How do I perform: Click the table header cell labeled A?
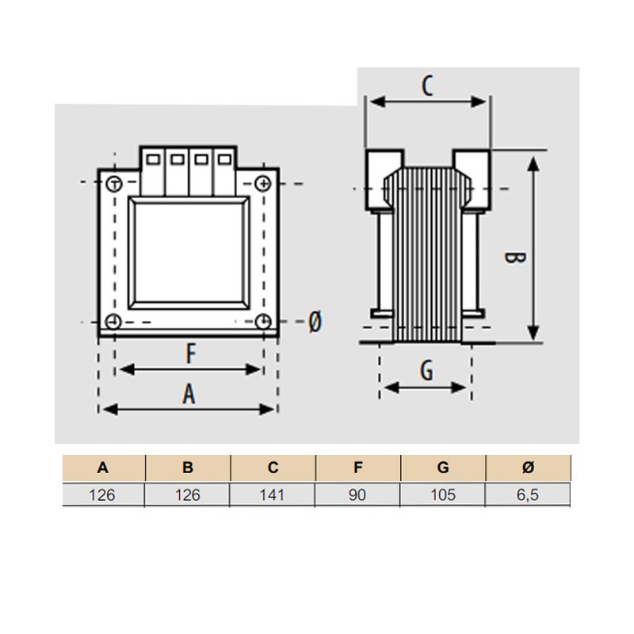103,468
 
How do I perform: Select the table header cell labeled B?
188,468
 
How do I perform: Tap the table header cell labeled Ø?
529,468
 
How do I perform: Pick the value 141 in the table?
273,495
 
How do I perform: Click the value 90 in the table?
357,495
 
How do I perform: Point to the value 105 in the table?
443,495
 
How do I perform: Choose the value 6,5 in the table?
529,495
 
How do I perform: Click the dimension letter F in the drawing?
190,353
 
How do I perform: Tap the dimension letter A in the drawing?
189,394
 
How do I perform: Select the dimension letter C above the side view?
427,86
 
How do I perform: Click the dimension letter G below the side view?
426,371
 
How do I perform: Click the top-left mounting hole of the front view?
114,184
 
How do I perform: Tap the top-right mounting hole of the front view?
263,184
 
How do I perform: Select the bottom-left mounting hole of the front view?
114,322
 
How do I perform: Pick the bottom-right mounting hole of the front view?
263,322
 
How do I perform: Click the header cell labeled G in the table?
443,468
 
